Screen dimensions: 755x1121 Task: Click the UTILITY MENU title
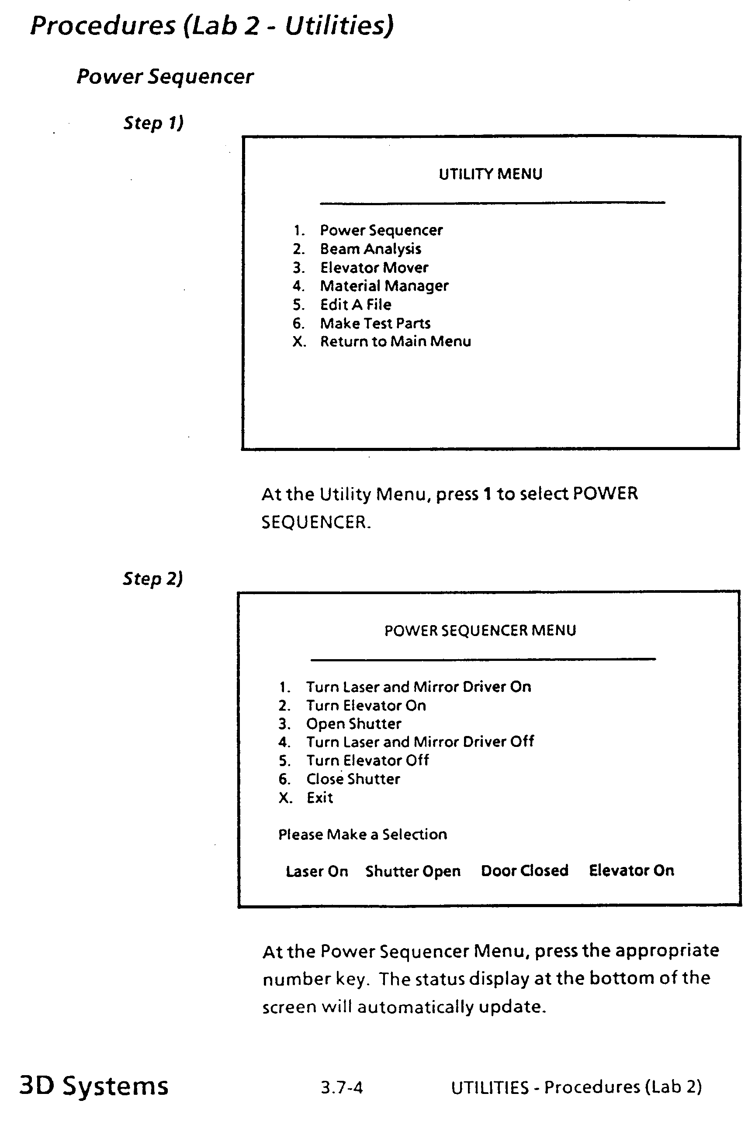(x=490, y=174)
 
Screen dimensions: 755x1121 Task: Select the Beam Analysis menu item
(x=370, y=249)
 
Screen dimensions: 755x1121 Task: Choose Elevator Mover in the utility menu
(x=374, y=268)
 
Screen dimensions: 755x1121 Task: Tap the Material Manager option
(x=384, y=286)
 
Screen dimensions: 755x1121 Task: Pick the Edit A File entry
(x=355, y=305)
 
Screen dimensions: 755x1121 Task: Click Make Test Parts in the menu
(x=375, y=323)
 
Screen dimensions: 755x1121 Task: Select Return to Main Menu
(x=395, y=342)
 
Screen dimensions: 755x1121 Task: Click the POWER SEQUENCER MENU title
(x=480, y=630)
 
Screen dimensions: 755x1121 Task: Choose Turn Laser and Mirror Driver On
(x=419, y=687)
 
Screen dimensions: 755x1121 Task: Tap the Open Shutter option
(x=353, y=724)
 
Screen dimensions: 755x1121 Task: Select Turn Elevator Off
(x=367, y=760)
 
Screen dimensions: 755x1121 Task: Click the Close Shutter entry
(x=353, y=779)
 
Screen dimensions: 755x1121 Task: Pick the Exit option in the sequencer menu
(x=320, y=798)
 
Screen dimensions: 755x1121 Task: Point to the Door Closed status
(x=524, y=870)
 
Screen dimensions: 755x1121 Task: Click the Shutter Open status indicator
(x=412, y=871)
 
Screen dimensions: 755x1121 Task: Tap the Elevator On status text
(x=631, y=870)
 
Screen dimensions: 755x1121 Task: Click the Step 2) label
(x=152, y=578)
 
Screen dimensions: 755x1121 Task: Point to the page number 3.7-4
(x=341, y=1087)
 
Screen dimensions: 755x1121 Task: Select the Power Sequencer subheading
(x=165, y=76)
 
